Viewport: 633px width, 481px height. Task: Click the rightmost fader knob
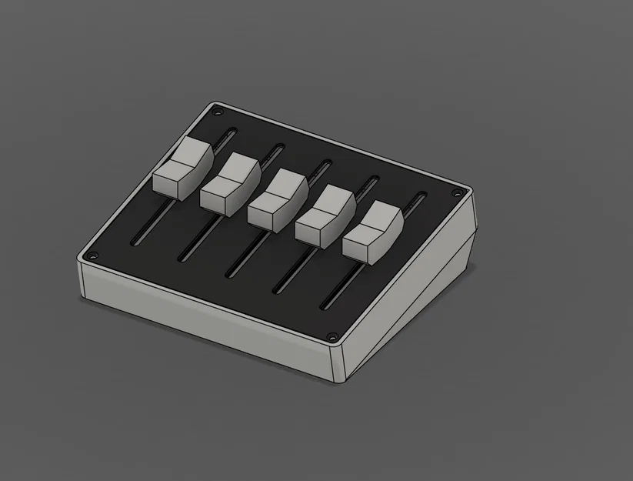[x=372, y=230]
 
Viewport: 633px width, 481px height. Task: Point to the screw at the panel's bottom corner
[x=332, y=336]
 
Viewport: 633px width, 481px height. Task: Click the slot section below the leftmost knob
[x=150, y=224]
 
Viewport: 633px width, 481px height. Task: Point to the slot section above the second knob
[x=271, y=151]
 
